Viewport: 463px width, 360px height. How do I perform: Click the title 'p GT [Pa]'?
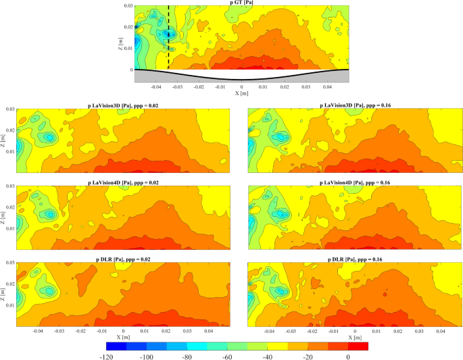pos(241,3)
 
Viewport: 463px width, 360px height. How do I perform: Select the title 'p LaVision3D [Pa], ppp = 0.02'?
pos(122,105)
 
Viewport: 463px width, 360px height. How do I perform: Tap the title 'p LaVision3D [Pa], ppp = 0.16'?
pos(355,105)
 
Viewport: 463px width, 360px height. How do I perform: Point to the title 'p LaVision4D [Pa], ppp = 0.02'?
pos(122,183)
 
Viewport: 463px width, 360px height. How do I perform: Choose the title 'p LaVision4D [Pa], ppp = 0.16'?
pos(355,183)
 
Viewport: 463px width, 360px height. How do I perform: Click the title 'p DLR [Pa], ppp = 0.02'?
pos(122,259)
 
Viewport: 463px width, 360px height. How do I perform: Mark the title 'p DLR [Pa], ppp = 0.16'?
pos(355,259)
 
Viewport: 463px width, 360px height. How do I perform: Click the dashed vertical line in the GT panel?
pos(168,41)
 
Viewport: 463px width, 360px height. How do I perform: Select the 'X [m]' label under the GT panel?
pos(241,93)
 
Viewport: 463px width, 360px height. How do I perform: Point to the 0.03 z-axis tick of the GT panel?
pos(128,5)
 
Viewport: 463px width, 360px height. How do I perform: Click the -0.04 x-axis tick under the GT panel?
pos(156,86)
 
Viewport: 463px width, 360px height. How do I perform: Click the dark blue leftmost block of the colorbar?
pos(109,346)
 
